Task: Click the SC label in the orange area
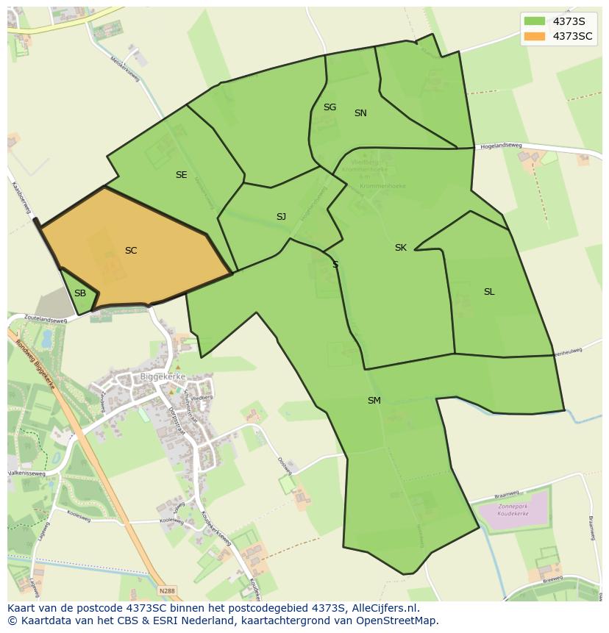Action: point(131,251)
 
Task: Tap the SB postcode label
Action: point(80,293)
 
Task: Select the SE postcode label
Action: point(181,175)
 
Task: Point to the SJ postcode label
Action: point(281,217)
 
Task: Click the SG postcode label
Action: point(330,107)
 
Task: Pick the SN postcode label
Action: point(360,113)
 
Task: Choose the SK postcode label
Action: point(400,248)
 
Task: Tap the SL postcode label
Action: point(489,292)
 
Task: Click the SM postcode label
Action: point(374,401)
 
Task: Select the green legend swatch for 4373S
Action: point(535,21)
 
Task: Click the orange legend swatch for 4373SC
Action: point(535,36)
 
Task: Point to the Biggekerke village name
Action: point(163,376)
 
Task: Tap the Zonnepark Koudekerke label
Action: point(514,511)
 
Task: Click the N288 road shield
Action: point(168,590)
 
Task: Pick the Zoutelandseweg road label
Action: point(46,320)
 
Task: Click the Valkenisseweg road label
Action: point(26,474)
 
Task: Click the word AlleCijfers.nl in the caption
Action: point(382,608)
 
